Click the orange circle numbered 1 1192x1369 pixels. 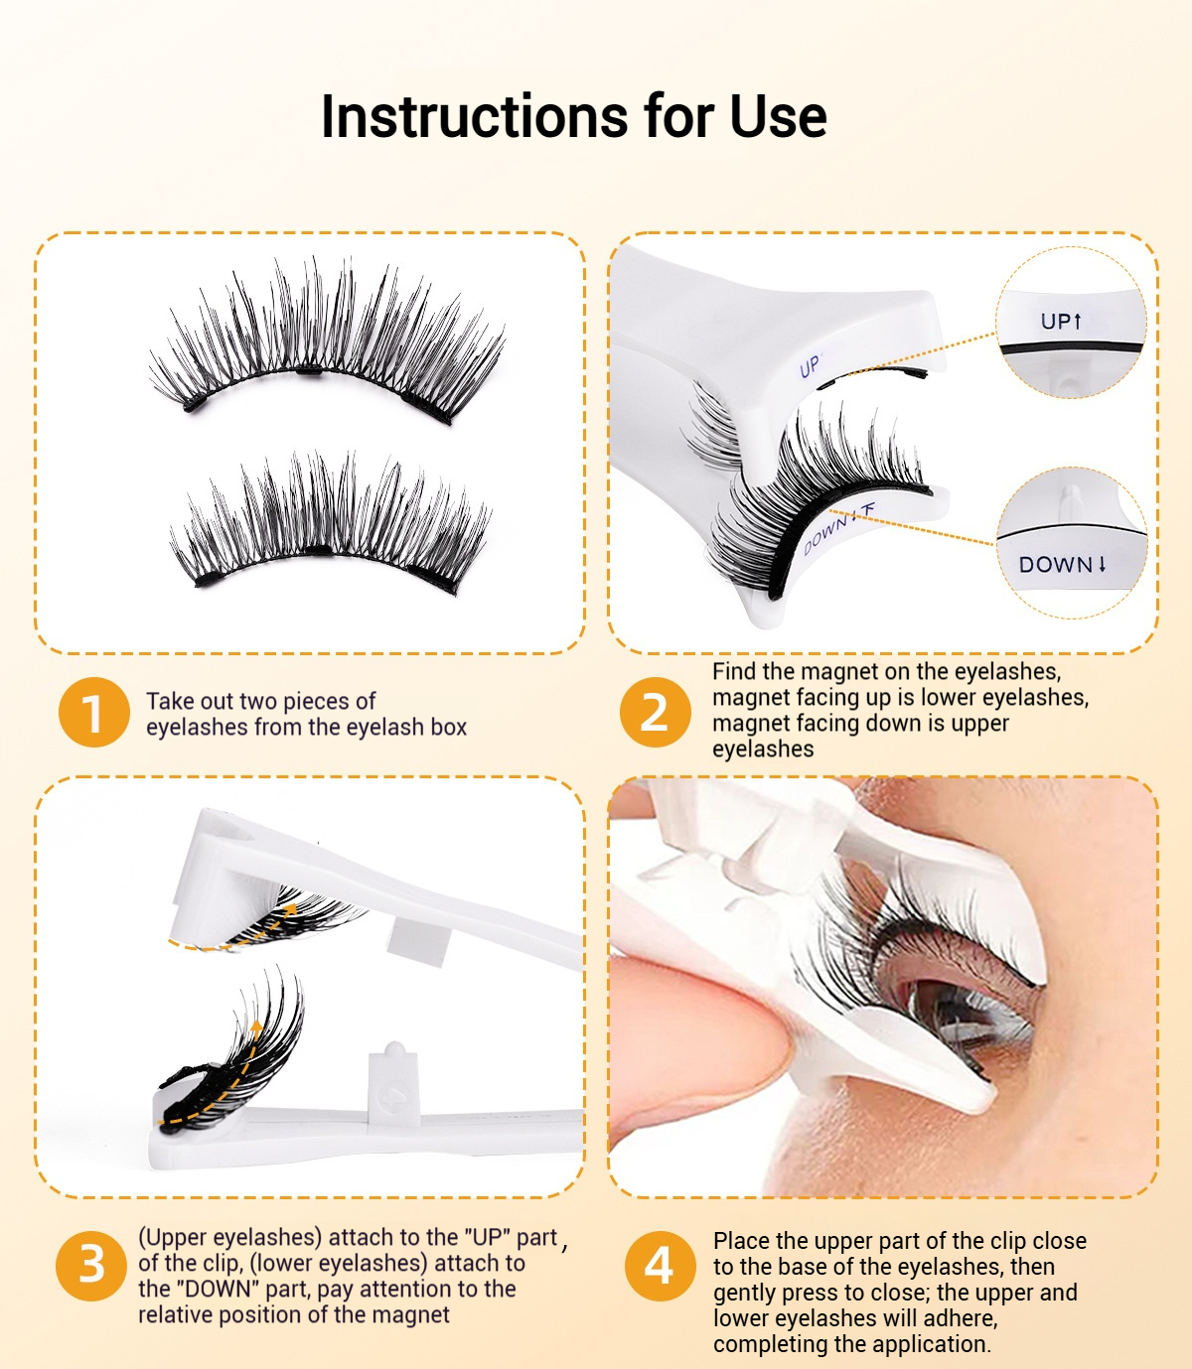pyautogui.click(x=93, y=712)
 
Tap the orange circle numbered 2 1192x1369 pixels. pyautogui.click(x=656, y=712)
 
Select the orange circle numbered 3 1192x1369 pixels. pyautogui.click(x=91, y=1266)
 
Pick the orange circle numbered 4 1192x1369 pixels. pyautogui.click(x=660, y=1266)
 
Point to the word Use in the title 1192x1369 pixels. pyautogui.click(x=779, y=117)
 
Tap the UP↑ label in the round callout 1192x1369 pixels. pyautogui.click(x=1062, y=322)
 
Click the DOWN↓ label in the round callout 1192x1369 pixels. pyautogui.click(x=1062, y=565)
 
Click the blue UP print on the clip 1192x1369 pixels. pyautogui.click(x=810, y=365)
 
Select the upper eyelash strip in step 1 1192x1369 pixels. pyautogui.click(x=328, y=342)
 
